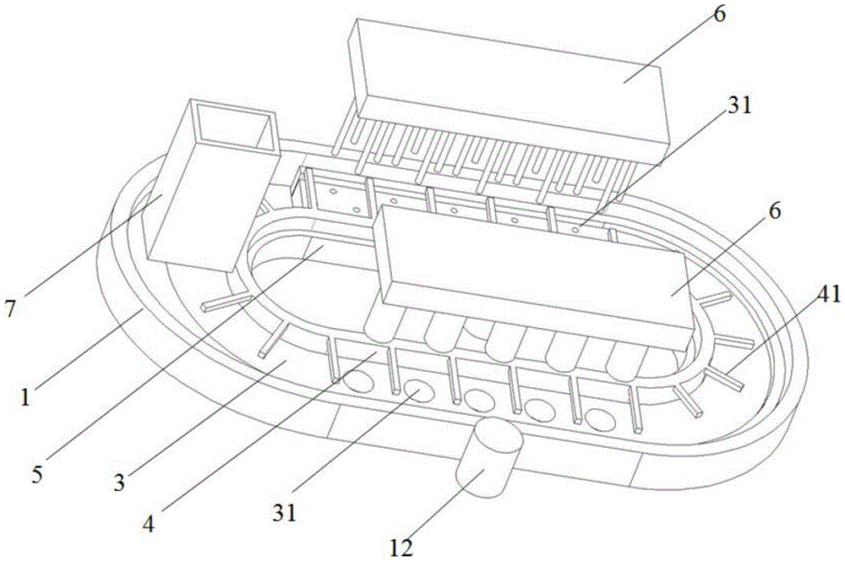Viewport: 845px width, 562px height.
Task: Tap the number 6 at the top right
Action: coord(719,14)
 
